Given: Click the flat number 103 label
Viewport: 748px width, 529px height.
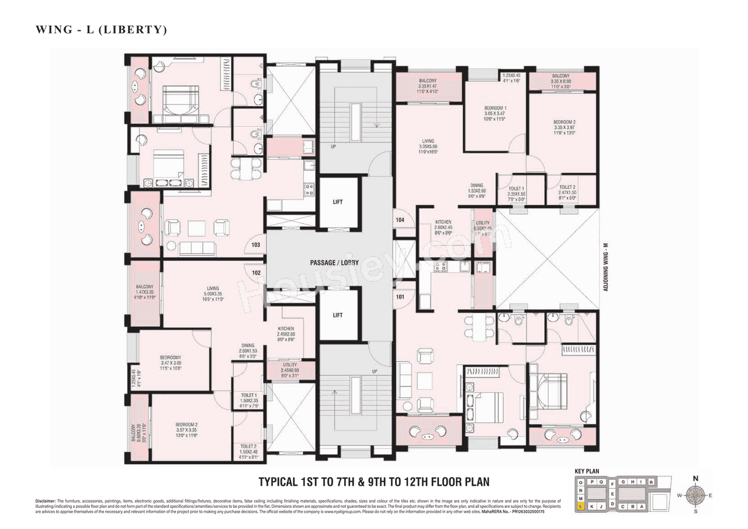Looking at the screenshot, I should click(255, 245).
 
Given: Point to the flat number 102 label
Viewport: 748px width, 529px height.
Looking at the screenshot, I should click(255, 272).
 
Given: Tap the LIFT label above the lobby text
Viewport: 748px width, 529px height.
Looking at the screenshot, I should click(337, 202).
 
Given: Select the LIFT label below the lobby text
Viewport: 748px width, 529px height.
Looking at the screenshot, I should click(337, 315).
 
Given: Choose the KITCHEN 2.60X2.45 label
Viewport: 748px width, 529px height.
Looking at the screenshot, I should click(444, 227).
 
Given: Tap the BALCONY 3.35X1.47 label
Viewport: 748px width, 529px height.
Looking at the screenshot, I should click(429, 86).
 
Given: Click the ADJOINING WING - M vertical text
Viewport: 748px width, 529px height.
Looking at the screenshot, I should click(607, 268).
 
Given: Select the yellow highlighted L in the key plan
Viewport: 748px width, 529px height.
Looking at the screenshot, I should click(580, 507).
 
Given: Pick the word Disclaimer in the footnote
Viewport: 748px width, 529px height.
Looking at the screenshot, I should click(45, 502).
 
